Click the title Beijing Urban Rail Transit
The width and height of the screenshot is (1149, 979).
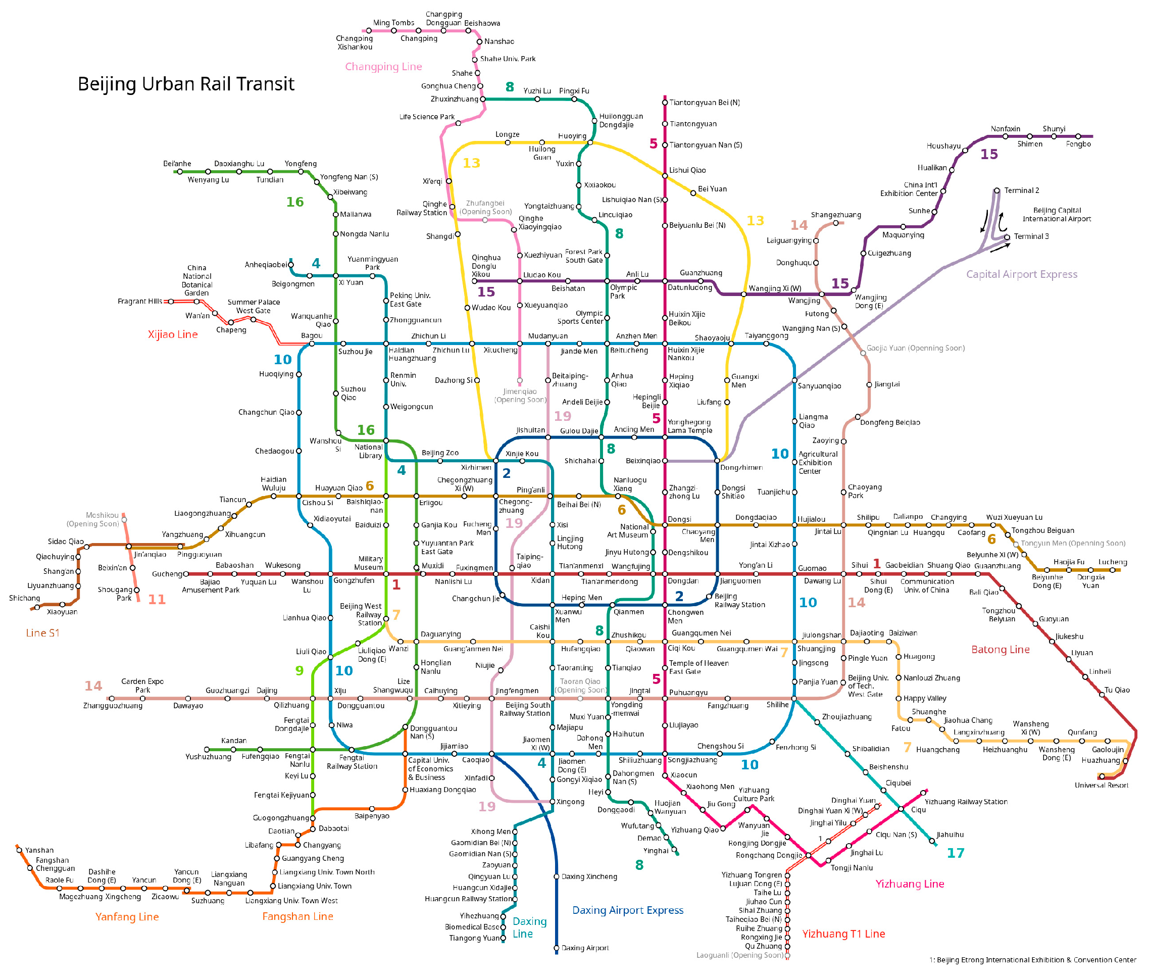186,84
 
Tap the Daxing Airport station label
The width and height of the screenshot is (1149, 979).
584,948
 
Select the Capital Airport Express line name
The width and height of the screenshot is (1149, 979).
1021,274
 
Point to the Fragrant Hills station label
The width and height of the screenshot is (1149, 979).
140,301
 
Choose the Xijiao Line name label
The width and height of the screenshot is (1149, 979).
172,334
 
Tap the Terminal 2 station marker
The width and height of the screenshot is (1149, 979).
996,190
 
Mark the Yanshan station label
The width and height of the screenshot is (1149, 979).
39,850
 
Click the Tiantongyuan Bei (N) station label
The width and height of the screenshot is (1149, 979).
704,103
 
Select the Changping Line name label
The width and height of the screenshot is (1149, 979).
383,67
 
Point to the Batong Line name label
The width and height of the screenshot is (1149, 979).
1000,650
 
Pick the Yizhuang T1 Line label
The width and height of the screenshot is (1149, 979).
843,934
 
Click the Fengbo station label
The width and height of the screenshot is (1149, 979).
1078,144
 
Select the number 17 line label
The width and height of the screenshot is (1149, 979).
955,853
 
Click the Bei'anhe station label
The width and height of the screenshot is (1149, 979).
177,164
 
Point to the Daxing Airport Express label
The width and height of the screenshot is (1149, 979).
627,910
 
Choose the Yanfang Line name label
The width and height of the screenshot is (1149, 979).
127,917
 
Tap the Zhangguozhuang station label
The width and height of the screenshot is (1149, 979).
113,706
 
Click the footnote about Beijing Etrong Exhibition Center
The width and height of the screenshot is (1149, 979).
1032,960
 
